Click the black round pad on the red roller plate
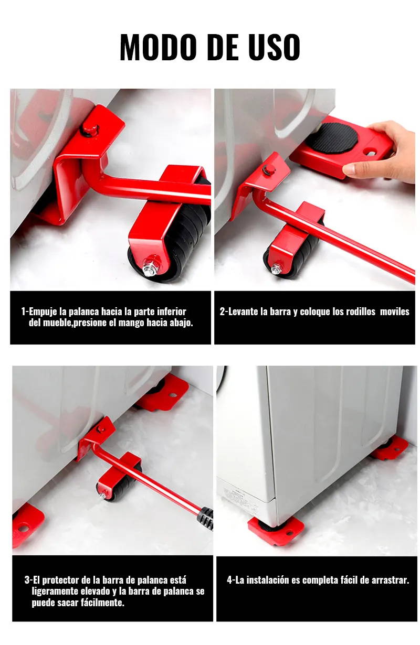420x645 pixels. coord(334,138)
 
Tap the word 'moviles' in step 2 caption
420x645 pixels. coord(395,311)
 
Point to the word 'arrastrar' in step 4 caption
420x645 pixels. coord(388,580)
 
